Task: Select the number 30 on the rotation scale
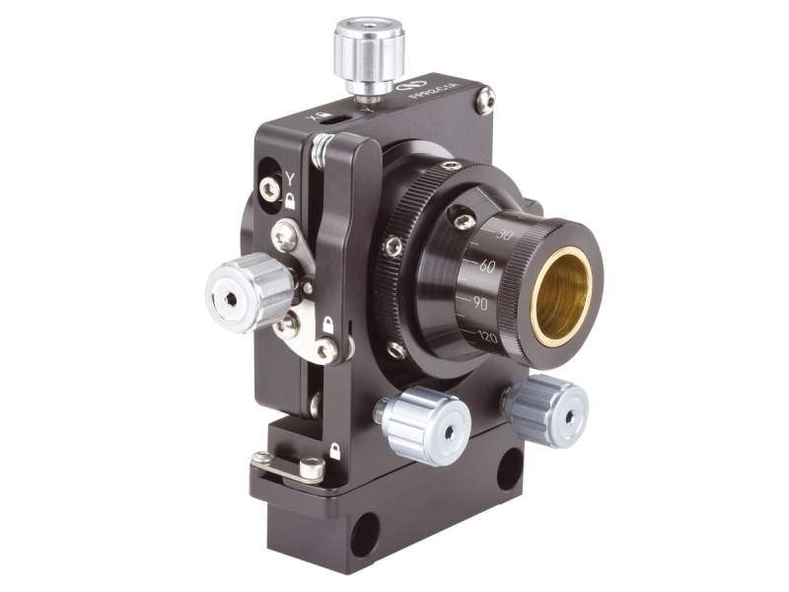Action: click(506, 235)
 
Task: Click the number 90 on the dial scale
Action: click(480, 303)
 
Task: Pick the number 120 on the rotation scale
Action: click(486, 336)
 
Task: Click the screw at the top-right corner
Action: click(484, 100)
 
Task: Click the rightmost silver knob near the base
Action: click(545, 410)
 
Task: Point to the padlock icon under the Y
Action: click(290, 198)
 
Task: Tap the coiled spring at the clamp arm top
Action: click(320, 149)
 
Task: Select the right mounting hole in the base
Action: click(510, 467)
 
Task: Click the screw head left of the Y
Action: click(269, 188)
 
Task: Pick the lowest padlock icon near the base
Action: click(335, 451)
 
